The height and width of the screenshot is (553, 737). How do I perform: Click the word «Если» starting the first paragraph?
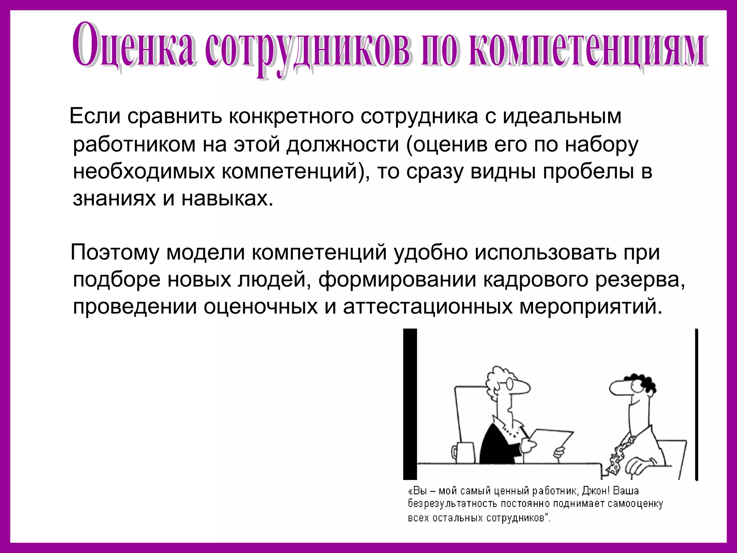(95, 116)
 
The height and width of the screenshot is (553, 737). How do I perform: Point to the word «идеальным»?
(562, 116)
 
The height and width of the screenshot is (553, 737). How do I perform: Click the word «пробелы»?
(588, 171)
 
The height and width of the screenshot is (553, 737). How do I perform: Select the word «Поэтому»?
(115, 253)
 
